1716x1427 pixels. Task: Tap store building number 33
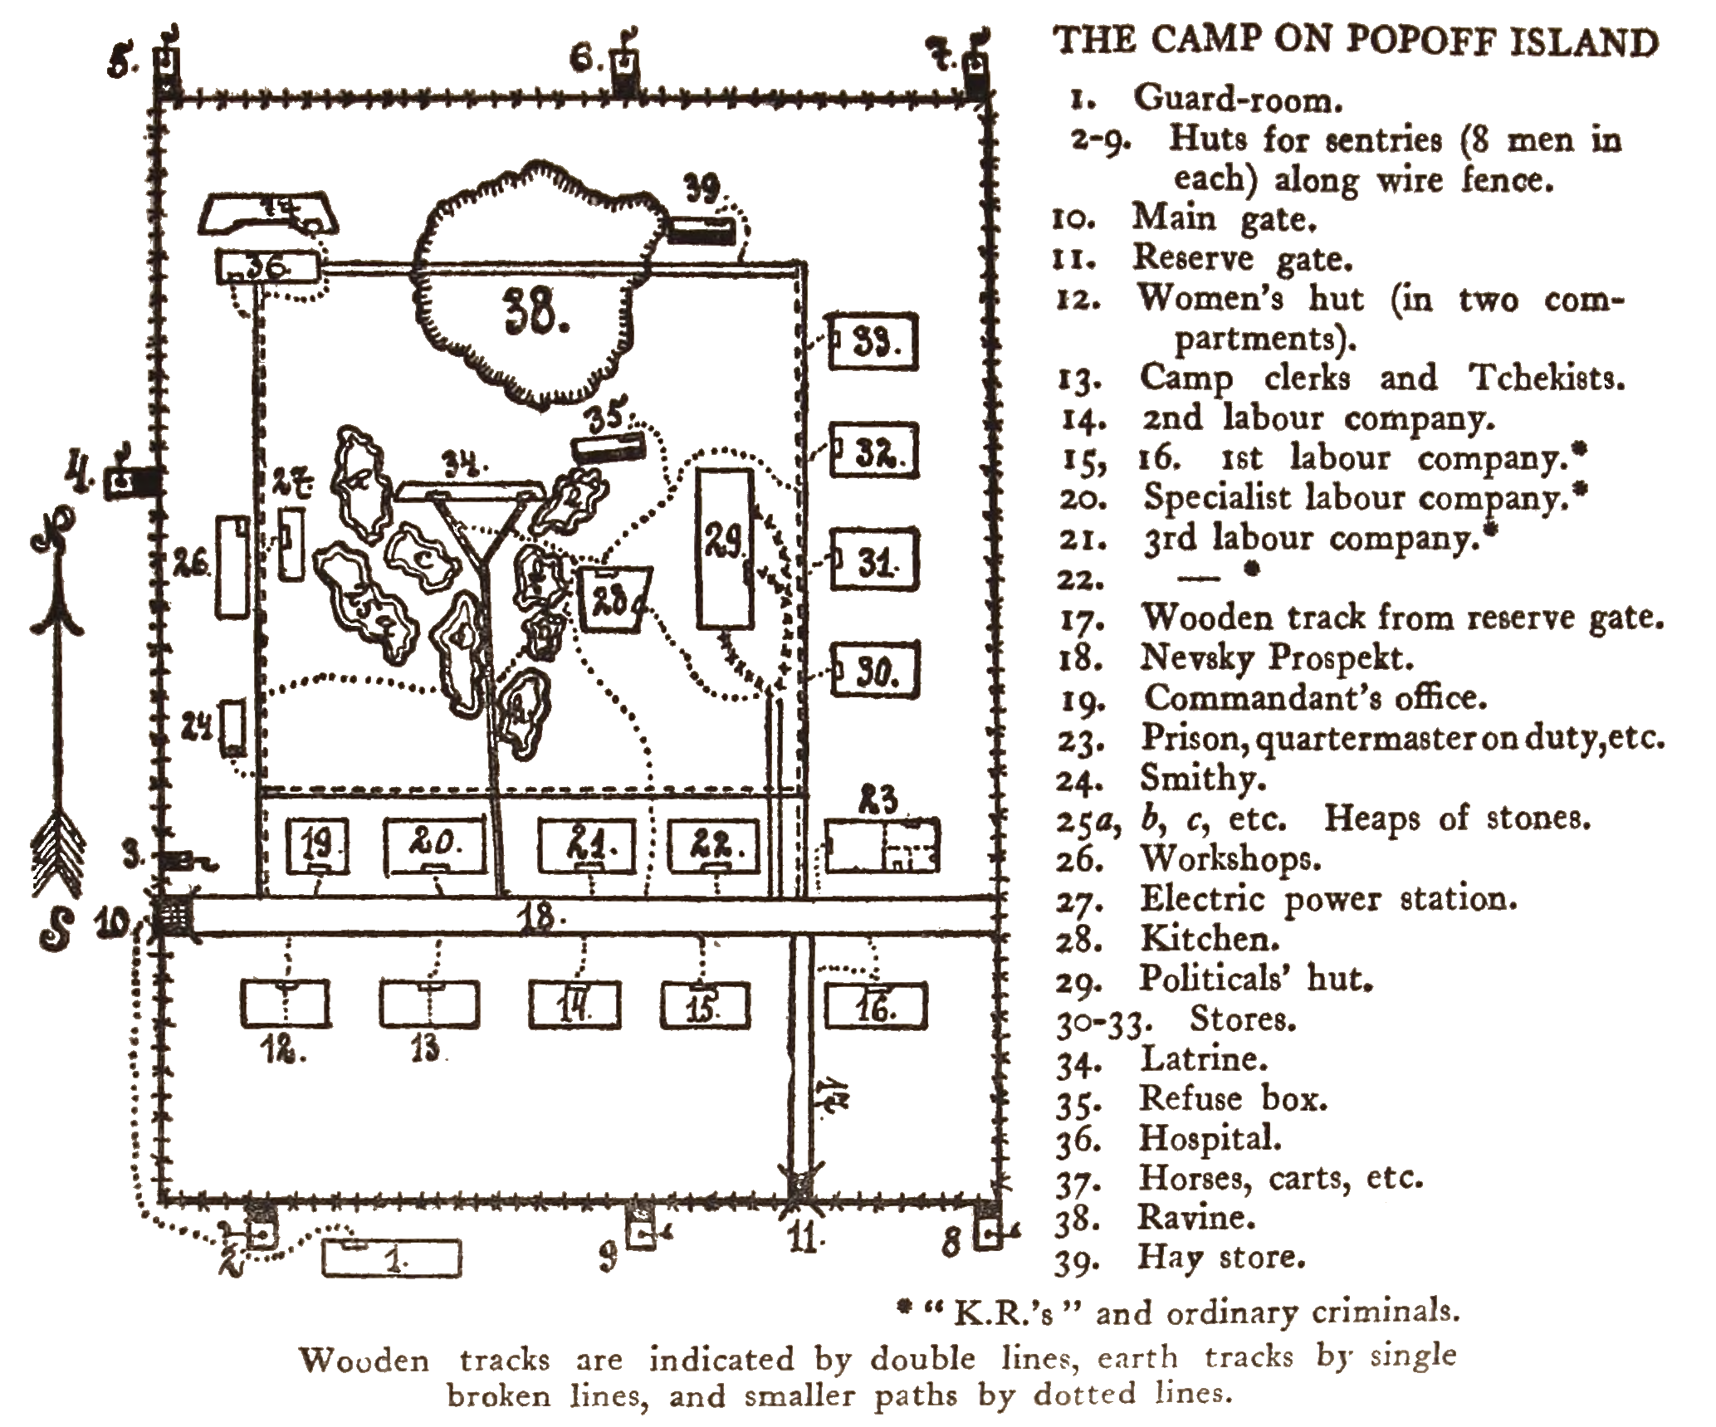(x=874, y=341)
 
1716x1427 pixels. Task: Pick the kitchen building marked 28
(x=614, y=599)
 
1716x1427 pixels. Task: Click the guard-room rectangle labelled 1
(x=391, y=1258)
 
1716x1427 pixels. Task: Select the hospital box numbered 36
(x=267, y=268)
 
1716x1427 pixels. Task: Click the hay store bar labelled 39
(x=702, y=230)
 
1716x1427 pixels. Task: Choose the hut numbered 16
(x=875, y=1006)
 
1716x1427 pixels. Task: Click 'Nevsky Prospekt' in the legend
(x=1277, y=657)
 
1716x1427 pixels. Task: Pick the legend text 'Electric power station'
(x=1328, y=898)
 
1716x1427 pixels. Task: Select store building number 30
(x=876, y=672)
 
